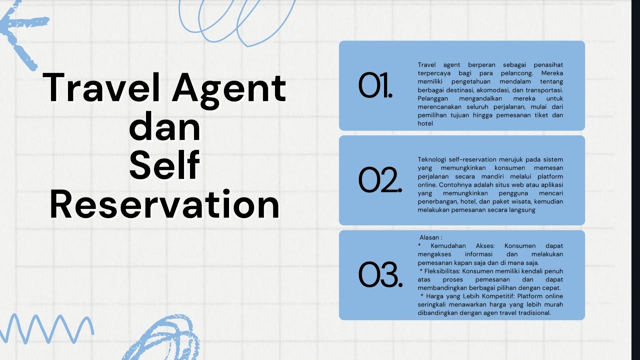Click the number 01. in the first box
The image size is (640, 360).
click(x=375, y=86)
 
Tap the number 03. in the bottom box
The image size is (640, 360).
click(x=380, y=275)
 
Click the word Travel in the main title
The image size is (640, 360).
click(x=102, y=88)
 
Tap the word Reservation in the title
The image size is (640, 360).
click(x=164, y=204)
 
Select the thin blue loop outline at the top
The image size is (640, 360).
click(x=235, y=20)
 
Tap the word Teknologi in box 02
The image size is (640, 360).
click(x=433, y=159)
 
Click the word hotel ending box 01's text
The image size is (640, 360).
click(x=425, y=123)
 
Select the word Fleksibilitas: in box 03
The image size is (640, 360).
click(x=442, y=271)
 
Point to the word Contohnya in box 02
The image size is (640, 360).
click(x=433, y=184)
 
